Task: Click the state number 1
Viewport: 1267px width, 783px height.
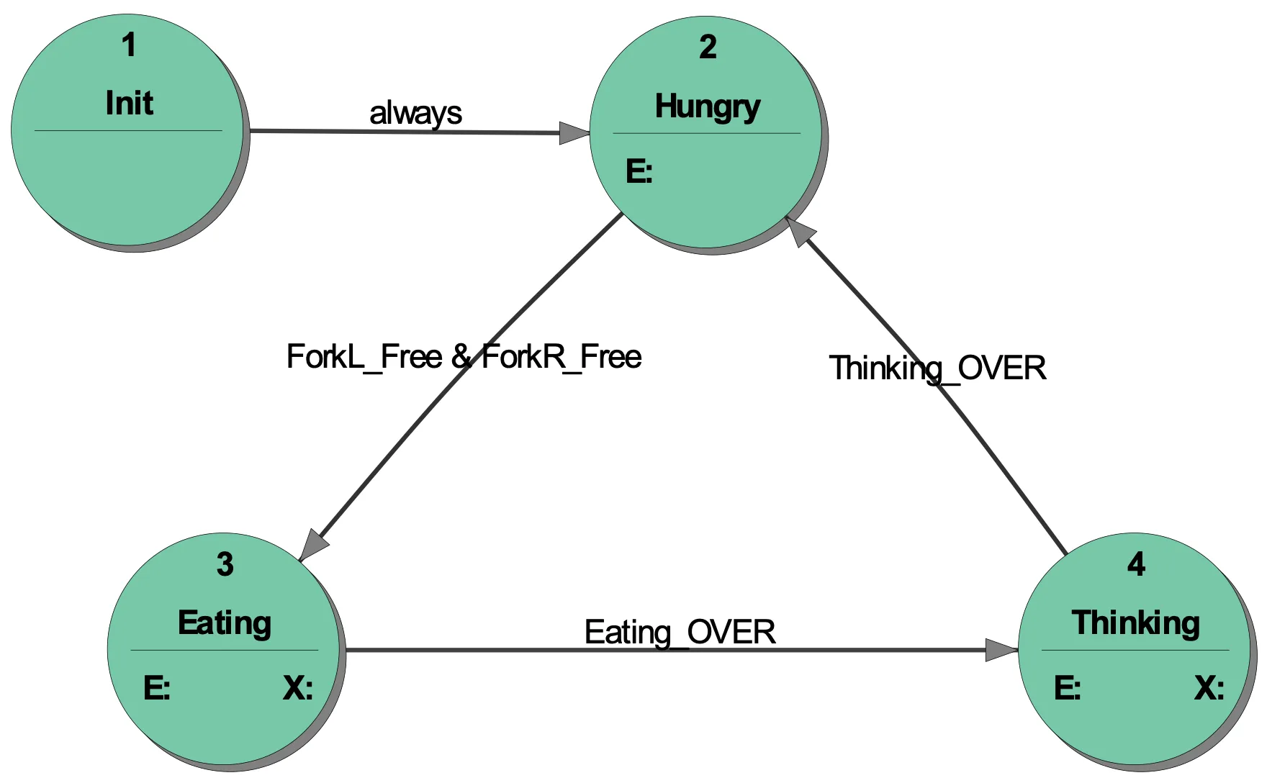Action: click(129, 45)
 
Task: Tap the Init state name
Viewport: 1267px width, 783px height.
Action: click(130, 103)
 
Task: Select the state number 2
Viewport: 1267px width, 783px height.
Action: click(708, 47)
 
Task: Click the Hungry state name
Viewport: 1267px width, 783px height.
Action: click(707, 107)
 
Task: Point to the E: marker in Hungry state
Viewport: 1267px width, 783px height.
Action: click(639, 172)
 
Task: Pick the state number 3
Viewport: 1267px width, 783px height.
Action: click(225, 565)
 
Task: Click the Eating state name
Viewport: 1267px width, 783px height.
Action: click(225, 623)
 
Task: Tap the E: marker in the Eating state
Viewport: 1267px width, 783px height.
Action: click(157, 689)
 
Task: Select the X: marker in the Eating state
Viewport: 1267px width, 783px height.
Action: click(298, 689)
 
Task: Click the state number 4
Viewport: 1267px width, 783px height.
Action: click(1136, 565)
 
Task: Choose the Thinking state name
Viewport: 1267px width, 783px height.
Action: click(1135, 623)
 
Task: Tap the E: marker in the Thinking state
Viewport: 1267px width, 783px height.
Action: click(1068, 689)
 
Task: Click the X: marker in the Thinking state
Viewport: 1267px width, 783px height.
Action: click(1209, 689)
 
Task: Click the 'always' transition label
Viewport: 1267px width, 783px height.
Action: click(415, 114)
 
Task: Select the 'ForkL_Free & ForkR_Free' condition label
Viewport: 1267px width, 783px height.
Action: click(464, 357)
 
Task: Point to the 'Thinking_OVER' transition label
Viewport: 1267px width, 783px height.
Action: click(937, 368)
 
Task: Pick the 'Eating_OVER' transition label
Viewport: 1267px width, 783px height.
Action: click(680, 633)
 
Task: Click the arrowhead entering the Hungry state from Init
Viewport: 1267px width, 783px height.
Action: click(574, 133)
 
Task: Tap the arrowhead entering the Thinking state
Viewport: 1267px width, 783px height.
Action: click(1001, 650)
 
